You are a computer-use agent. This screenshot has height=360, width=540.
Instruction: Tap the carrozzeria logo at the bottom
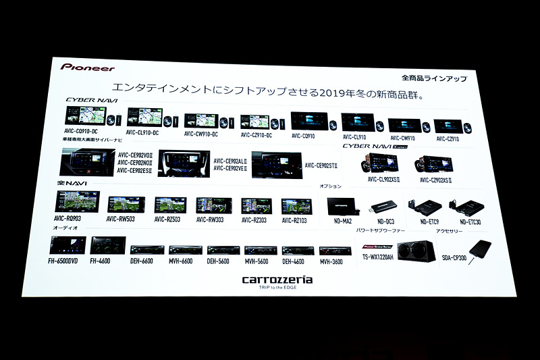tap(277, 279)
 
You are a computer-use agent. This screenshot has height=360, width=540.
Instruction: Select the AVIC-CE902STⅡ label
tap(321, 165)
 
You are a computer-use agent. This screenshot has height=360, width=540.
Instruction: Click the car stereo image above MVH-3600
tap(335, 251)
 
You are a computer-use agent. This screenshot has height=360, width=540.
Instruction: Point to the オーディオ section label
tap(65, 229)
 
